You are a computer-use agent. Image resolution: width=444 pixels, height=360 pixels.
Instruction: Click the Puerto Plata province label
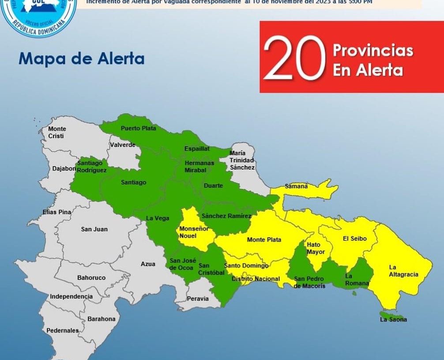138,129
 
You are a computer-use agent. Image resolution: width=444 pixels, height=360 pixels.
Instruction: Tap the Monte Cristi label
57,133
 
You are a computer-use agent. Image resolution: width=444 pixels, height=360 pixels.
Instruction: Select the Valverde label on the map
123,145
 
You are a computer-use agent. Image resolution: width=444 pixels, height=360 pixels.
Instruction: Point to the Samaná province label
296,186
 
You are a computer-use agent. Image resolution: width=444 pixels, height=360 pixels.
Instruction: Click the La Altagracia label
403,271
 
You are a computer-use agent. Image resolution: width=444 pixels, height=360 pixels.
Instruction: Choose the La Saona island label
393,319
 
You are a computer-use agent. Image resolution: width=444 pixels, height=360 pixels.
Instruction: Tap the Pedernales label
63,330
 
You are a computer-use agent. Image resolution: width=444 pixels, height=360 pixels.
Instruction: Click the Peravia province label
198,299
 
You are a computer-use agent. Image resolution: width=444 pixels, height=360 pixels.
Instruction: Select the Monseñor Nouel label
194,232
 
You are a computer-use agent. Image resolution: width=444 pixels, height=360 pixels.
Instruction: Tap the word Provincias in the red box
373,50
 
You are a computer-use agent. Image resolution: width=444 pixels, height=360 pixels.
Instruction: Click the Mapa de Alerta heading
82,59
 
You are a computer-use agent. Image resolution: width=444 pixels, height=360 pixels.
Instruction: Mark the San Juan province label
94,229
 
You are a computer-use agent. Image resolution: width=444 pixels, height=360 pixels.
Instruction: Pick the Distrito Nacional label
256,279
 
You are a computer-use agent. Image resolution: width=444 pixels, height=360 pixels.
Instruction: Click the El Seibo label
354,239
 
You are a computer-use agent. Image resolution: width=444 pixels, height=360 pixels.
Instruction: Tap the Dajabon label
64,168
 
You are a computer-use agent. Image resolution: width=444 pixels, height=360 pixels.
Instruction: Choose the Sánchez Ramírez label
226,216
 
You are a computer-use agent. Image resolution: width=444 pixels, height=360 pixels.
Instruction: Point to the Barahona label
101,318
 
